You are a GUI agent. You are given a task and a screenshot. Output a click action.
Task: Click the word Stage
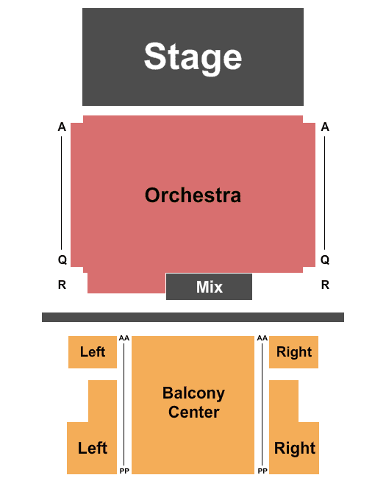[193, 57]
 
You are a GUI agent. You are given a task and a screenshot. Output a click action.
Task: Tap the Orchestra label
[193, 195]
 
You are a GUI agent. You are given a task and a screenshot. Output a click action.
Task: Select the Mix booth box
[209, 287]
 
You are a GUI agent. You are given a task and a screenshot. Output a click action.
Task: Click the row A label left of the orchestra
[62, 127]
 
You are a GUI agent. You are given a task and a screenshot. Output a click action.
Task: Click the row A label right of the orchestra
[325, 127]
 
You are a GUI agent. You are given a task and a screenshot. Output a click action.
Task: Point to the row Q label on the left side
[62, 260]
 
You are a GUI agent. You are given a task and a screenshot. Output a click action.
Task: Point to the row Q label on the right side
[325, 260]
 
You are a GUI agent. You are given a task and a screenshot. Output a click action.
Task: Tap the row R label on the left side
[62, 285]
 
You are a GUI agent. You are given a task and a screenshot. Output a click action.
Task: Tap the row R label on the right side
[325, 285]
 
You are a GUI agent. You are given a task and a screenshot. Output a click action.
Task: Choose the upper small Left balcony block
[93, 352]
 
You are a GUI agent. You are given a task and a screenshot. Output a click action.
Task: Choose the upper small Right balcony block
[293, 352]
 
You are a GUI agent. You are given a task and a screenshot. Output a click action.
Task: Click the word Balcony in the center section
[194, 393]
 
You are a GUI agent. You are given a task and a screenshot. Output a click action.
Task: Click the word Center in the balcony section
[194, 412]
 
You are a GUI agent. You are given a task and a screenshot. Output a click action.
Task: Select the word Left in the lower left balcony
[93, 448]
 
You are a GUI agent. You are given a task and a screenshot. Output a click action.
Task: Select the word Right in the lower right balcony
[295, 449]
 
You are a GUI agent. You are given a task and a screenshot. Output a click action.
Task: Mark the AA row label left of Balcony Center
[124, 338]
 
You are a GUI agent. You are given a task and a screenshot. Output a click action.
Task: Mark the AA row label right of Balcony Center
[262, 338]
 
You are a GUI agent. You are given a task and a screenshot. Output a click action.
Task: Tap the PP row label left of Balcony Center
[124, 471]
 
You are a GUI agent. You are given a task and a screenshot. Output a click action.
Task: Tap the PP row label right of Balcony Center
[262, 471]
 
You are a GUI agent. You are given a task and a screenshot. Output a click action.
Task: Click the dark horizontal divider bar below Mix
[193, 318]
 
